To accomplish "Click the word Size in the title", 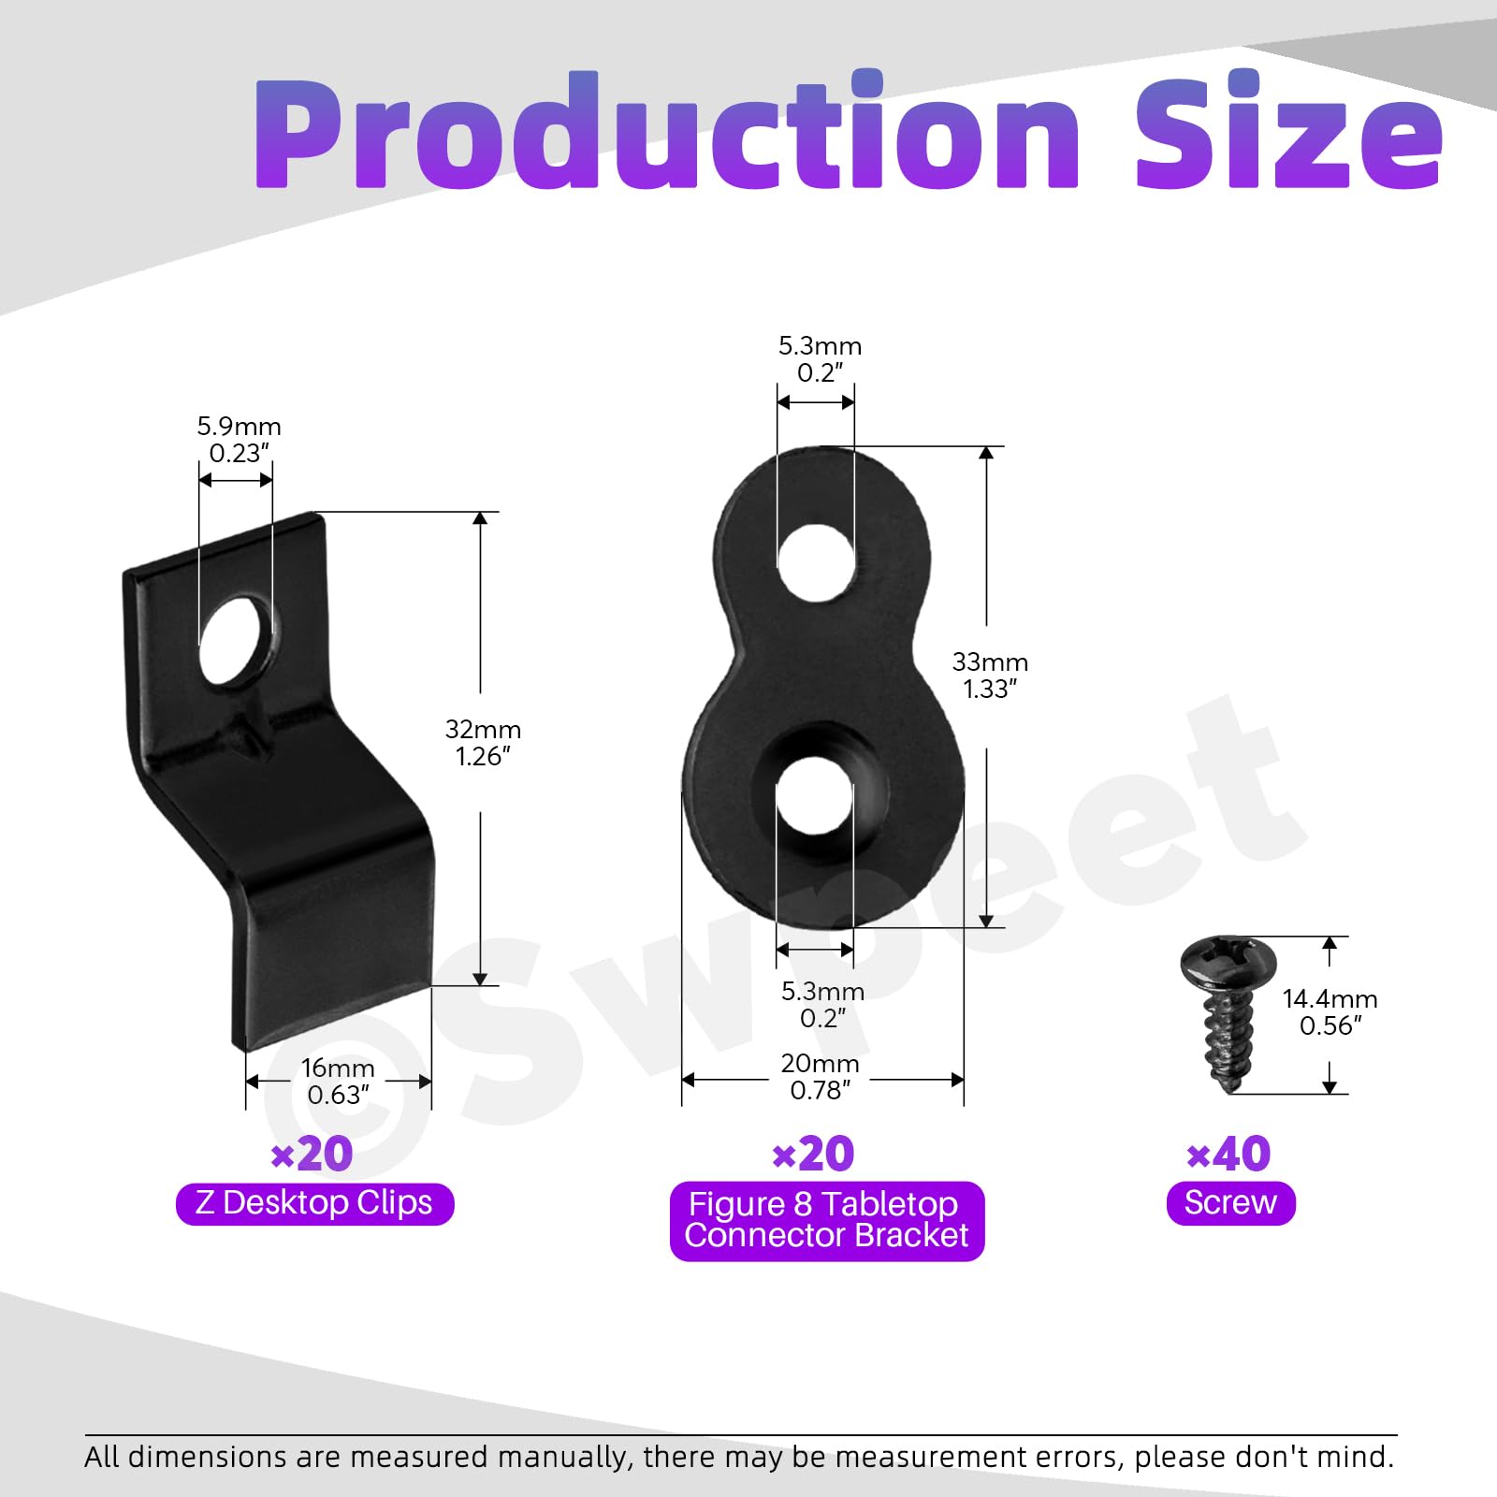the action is (1290, 131).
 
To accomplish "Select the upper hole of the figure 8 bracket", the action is (816, 562).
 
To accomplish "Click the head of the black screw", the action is (1228, 962).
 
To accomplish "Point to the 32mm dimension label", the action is (483, 742).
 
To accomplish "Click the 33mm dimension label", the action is (990, 675).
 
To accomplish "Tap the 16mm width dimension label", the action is (338, 1081).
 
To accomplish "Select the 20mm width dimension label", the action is (820, 1076).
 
